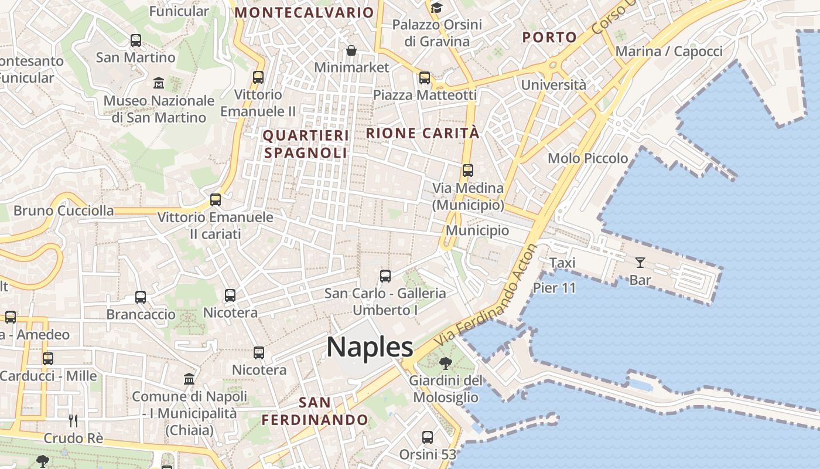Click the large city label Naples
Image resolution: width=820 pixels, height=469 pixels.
point(370,347)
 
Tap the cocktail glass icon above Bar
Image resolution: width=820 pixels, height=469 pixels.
point(640,263)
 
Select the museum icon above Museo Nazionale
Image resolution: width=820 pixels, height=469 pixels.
point(159,83)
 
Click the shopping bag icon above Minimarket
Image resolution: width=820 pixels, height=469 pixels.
point(351,50)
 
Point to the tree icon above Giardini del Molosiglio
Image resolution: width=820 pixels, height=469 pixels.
point(445,363)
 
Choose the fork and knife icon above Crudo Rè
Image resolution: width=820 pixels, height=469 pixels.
point(73,420)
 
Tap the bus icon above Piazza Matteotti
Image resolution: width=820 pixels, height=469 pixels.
point(425,77)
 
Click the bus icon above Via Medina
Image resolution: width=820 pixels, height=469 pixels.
point(468,171)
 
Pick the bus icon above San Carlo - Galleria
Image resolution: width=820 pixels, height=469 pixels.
point(385,276)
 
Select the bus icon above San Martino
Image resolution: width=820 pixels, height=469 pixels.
point(136,40)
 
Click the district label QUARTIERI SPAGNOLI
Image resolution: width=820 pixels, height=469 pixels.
point(306,144)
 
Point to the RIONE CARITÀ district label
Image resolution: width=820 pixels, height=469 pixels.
point(423,133)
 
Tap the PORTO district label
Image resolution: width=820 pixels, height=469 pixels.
point(549,38)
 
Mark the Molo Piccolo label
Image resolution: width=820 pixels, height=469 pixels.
point(587,158)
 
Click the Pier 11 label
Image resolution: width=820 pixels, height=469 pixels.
point(554,288)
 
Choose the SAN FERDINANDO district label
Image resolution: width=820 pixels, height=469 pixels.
point(315,412)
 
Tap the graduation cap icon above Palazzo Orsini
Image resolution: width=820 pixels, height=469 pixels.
point(437,8)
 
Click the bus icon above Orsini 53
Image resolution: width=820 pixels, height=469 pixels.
point(428,437)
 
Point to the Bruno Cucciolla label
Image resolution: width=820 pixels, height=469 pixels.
point(64,210)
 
